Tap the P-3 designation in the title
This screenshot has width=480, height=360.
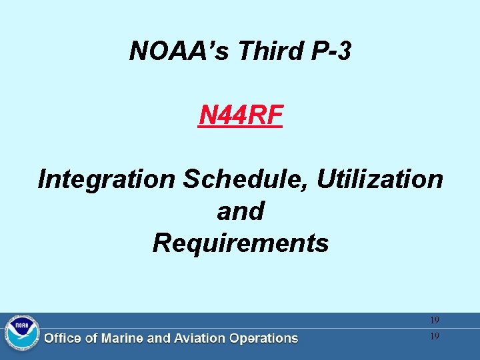(x=325, y=50)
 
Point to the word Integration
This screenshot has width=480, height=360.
(x=107, y=179)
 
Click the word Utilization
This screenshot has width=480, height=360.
(x=379, y=179)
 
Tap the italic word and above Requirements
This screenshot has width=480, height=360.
(x=241, y=211)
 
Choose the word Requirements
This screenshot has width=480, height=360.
(x=241, y=243)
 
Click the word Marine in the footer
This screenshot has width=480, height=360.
(x=122, y=339)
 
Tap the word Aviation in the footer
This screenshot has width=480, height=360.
(x=198, y=339)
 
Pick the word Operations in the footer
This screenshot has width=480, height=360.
(x=263, y=339)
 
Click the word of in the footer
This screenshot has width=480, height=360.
(x=90, y=339)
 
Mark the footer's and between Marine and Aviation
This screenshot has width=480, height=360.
(x=158, y=339)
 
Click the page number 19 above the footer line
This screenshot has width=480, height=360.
(x=435, y=321)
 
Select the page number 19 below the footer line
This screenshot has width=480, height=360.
(x=435, y=337)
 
